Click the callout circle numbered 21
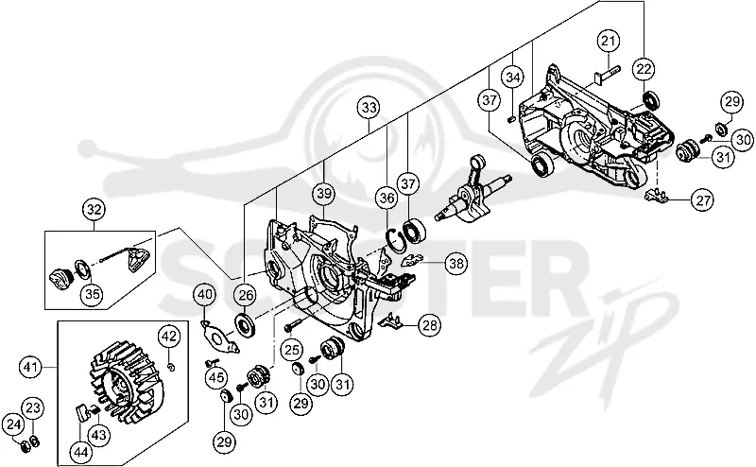point(609,41)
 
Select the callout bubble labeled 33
point(369,108)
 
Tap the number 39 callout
point(324,194)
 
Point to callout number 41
point(30,368)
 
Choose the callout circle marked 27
point(702,199)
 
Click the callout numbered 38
point(456,264)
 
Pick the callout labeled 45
point(216,377)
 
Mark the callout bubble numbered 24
point(13,425)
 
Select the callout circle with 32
point(94,210)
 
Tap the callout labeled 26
point(246,295)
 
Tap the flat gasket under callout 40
point(219,337)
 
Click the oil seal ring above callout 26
point(247,324)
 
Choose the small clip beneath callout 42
point(171,368)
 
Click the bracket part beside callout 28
point(393,320)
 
